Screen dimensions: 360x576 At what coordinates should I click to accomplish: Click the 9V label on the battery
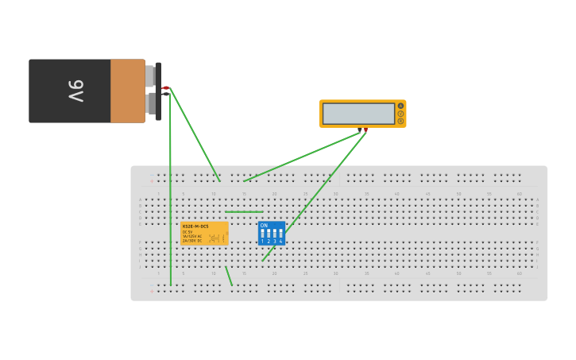tap(75, 91)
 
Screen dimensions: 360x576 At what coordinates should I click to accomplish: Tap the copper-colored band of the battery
tap(127, 91)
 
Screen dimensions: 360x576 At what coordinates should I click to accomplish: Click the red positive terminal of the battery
tap(165, 87)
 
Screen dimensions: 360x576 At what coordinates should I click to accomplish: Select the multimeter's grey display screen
tap(358, 114)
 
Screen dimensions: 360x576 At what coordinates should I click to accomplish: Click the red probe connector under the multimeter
tap(365, 130)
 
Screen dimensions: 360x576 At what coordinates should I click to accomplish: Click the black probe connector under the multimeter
tap(359, 130)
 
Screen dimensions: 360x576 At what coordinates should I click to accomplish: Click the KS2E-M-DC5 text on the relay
tap(195, 226)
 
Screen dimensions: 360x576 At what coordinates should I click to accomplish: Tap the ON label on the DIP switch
tap(264, 226)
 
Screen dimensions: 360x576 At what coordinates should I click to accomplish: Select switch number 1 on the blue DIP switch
tap(263, 234)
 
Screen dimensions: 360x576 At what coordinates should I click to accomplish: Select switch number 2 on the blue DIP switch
tap(269, 234)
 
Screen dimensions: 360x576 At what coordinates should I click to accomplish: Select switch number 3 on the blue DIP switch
tap(275, 234)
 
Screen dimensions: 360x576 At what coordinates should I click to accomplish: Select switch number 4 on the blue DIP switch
tap(280, 234)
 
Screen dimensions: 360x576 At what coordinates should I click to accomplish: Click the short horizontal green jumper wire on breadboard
tap(243, 212)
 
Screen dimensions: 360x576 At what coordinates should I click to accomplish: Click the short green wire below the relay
tap(229, 276)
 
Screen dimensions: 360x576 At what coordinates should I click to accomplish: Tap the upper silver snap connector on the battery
tap(149, 75)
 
